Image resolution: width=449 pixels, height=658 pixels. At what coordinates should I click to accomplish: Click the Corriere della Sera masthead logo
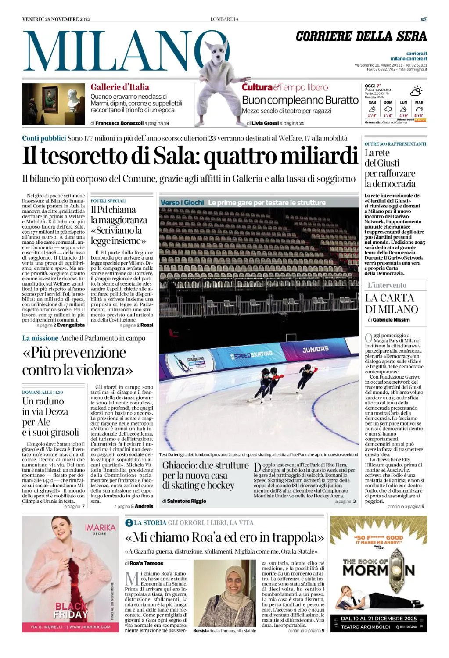tap(361, 36)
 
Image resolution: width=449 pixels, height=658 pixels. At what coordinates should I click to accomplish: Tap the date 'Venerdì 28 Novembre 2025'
tap(56, 19)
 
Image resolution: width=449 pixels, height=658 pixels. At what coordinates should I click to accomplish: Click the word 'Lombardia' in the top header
tap(224, 19)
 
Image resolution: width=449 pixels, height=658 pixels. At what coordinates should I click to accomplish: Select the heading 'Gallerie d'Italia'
tap(120, 87)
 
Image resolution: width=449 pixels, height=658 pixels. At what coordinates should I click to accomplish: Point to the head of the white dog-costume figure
tap(218, 50)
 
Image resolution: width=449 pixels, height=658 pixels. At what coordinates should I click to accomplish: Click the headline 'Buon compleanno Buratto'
tap(300, 100)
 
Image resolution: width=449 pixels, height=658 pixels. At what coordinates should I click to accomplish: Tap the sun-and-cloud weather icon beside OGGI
tap(416, 91)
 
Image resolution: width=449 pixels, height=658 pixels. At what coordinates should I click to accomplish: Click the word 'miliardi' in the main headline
tap(319, 156)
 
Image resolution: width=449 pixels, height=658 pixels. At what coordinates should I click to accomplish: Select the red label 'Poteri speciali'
tap(108, 201)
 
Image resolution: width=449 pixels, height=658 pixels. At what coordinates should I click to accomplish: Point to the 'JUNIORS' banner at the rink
tap(315, 349)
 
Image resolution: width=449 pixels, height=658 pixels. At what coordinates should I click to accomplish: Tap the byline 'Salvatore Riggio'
tap(187, 501)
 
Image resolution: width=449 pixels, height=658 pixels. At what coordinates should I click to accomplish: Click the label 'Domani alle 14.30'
tap(43, 392)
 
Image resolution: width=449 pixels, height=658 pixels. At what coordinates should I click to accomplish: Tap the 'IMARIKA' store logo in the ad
tap(100, 529)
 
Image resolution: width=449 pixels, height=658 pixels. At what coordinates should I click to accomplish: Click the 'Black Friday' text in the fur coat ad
tap(71, 610)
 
